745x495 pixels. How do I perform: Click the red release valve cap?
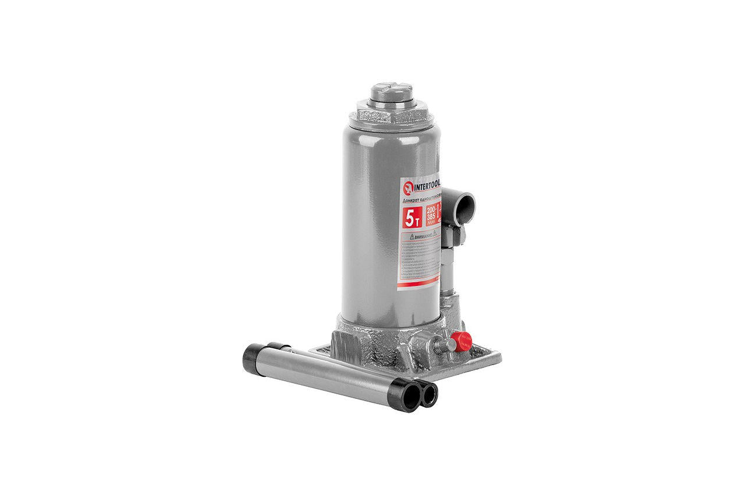[x=460, y=342]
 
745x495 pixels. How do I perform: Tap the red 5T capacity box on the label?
[x=412, y=218]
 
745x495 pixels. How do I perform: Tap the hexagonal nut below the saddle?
[x=392, y=114]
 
